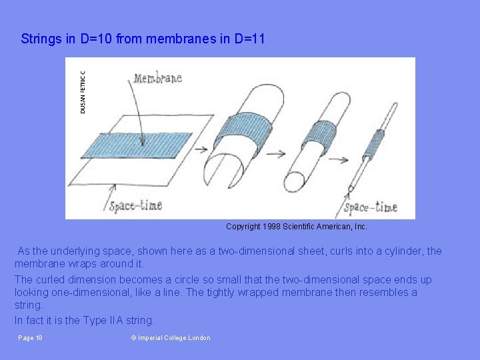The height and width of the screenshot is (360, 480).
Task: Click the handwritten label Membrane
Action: [158, 79]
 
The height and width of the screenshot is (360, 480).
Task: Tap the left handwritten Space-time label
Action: [135, 205]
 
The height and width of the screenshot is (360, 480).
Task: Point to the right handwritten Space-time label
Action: [371, 207]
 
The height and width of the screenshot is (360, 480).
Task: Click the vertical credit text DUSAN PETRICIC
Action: [83, 92]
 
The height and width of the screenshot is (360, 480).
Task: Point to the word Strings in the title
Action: [41, 39]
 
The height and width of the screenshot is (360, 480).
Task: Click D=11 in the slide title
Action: [249, 39]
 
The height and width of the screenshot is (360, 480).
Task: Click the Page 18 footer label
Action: [31, 338]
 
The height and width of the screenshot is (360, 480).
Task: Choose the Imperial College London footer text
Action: [171, 338]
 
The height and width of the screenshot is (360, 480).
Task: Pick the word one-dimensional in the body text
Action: [98, 293]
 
